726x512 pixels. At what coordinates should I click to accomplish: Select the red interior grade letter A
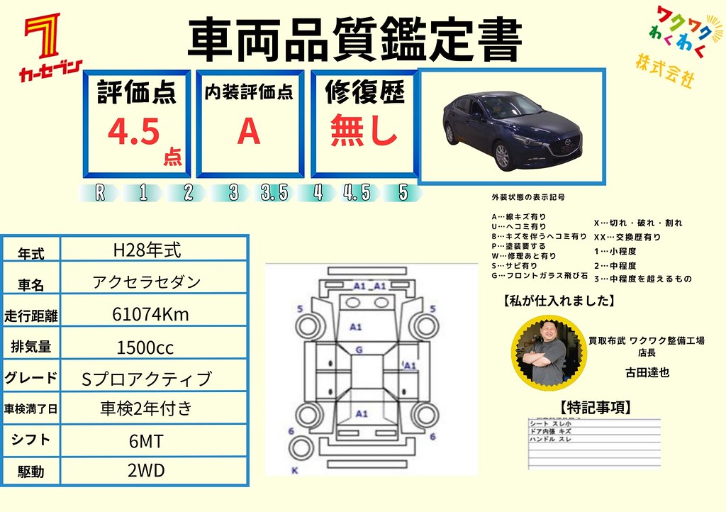point(249,130)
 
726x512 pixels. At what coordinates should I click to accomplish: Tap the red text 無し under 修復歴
point(364,130)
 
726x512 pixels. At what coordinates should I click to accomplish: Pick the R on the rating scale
point(100,193)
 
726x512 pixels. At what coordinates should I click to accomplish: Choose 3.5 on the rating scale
point(274,193)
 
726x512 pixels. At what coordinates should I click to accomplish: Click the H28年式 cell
point(147,250)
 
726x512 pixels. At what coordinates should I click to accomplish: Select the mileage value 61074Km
point(151,314)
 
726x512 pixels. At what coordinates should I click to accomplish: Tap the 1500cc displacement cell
point(145,347)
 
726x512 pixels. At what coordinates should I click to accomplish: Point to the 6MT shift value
point(146,442)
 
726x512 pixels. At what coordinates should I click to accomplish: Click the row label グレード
point(31,377)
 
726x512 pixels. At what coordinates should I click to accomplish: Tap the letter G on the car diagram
point(359,350)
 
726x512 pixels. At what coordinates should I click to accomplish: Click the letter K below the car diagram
point(294,470)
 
